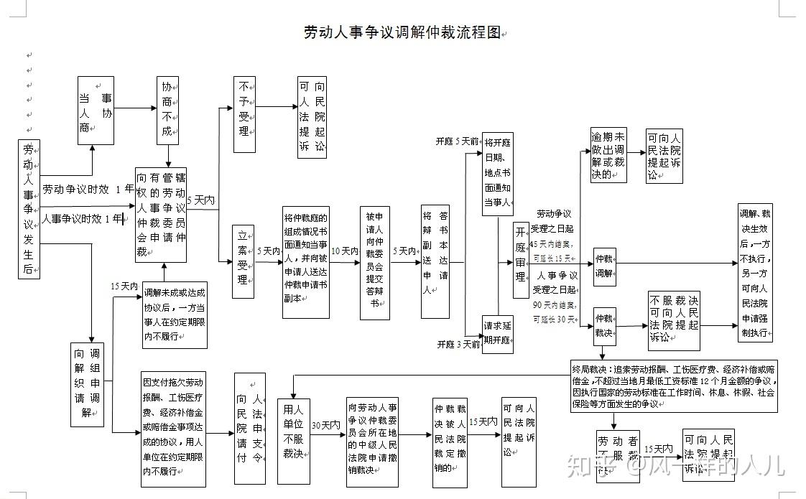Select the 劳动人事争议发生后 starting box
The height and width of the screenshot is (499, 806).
29,209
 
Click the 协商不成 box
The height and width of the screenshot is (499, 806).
167,111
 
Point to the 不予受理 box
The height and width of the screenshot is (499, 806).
244,113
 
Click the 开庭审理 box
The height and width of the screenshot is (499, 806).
521,259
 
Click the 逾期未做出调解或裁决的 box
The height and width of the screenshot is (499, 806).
608,155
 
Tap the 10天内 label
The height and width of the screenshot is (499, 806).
345,251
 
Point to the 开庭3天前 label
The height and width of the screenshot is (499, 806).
458,344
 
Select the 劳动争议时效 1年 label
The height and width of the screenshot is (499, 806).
87,190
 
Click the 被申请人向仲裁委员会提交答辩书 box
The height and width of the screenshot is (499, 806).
374,263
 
